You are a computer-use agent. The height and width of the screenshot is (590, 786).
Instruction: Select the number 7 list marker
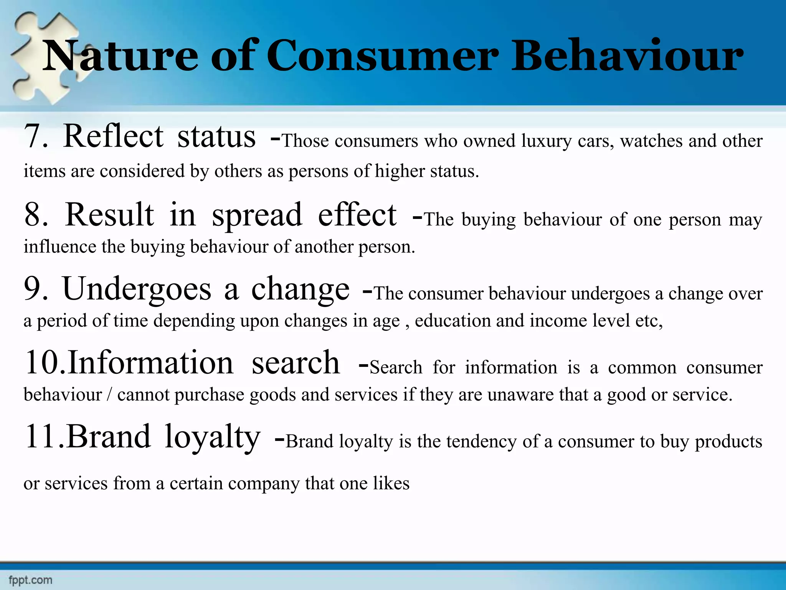[36, 137]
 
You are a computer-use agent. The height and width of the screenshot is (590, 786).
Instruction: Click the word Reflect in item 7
[114, 136]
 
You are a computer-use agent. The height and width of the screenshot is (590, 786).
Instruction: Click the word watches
[651, 141]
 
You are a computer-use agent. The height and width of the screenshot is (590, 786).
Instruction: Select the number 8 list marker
[36, 215]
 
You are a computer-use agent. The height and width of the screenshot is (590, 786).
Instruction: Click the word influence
[59, 247]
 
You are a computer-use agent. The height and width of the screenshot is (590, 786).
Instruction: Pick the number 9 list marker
[36, 289]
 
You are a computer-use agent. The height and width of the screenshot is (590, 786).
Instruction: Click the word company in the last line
[263, 484]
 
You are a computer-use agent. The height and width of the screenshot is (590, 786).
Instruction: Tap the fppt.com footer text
[30, 580]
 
